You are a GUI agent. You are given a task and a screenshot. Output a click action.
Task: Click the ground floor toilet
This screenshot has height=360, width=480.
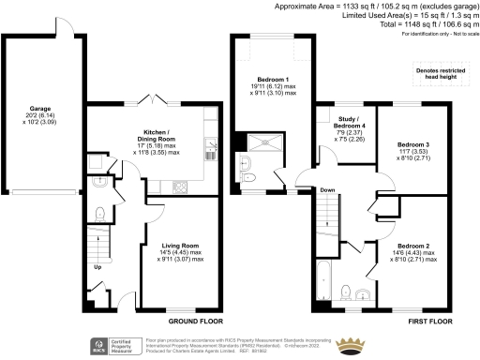click(101, 184)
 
